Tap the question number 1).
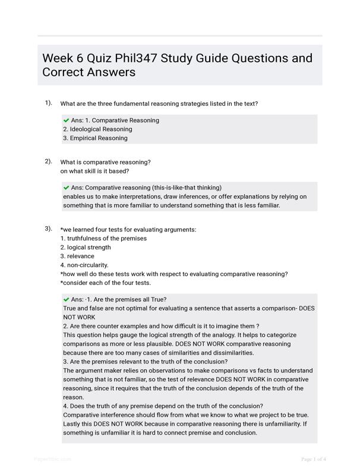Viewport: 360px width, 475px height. [48, 103]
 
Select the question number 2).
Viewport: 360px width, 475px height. [48, 161]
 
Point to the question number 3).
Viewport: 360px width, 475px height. [48, 229]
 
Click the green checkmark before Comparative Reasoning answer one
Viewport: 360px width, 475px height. [66, 120]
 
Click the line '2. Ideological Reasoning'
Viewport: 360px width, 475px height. [97, 129]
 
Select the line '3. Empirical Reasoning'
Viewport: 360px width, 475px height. [95, 138]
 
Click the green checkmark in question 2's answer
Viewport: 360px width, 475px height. [66, 188]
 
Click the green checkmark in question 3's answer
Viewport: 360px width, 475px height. [66, 299]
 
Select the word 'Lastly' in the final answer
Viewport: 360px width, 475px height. [72, 424]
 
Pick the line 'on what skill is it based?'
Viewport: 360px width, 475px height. [95, 171]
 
